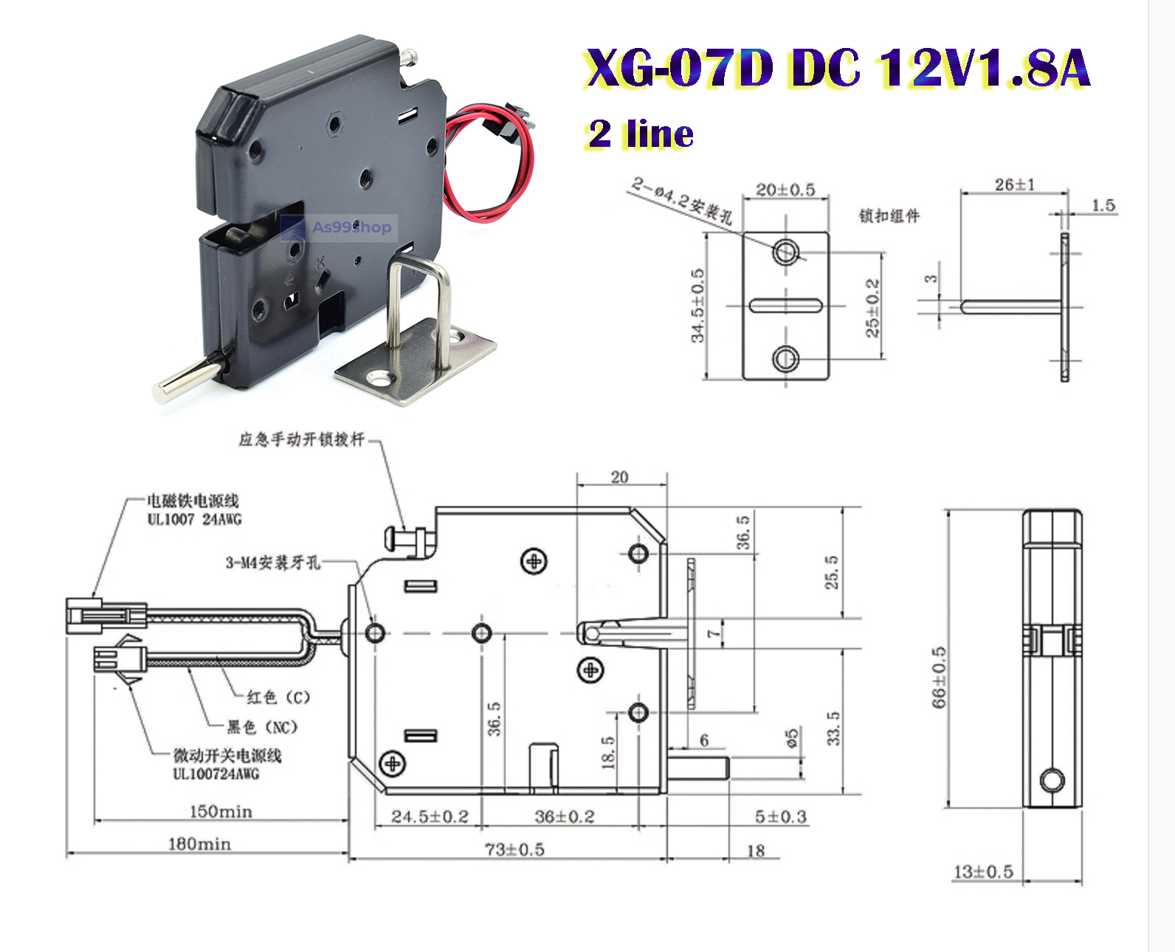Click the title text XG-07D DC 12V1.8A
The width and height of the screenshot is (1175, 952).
pyautogui.click(x=837, y=69)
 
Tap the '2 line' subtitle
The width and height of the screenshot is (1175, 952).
pyautogui.click(x=641, y=134)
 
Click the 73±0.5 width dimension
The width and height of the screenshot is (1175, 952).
pyautogui.click(x=514, y=849)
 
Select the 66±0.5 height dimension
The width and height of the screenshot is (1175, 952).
pyautogui.click(x=939, y=677)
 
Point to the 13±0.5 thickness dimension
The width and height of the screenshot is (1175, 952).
pyautogui.click(x=983, y=872)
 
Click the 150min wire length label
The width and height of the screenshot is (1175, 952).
pyautogui.click(x=221, y=812)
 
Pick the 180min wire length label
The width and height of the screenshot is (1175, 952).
pyautogui.click(x=199, y=844)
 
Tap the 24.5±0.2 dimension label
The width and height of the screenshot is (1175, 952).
pyautogui.click(x=430, y=816)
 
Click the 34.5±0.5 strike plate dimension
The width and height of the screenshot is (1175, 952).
pyautogui.click(x=697, y=306)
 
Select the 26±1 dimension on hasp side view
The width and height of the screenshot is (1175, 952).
pyautogui.click(x=1014, y=184)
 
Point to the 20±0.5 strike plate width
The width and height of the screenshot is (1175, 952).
pyautogui.click(x=785, y=190)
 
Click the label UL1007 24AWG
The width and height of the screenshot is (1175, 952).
pyautogui.click(x=194, y=520)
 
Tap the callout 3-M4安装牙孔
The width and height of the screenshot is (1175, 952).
pyautogui.click(x=272, y=562)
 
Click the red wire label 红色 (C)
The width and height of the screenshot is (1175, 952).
pyautogui.click(x=278, y=697)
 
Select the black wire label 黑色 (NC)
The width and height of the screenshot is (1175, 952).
pyautogui.click(x=262, y=728)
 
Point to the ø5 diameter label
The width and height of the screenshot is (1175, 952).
pyautogui.click(x=791, y=738)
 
